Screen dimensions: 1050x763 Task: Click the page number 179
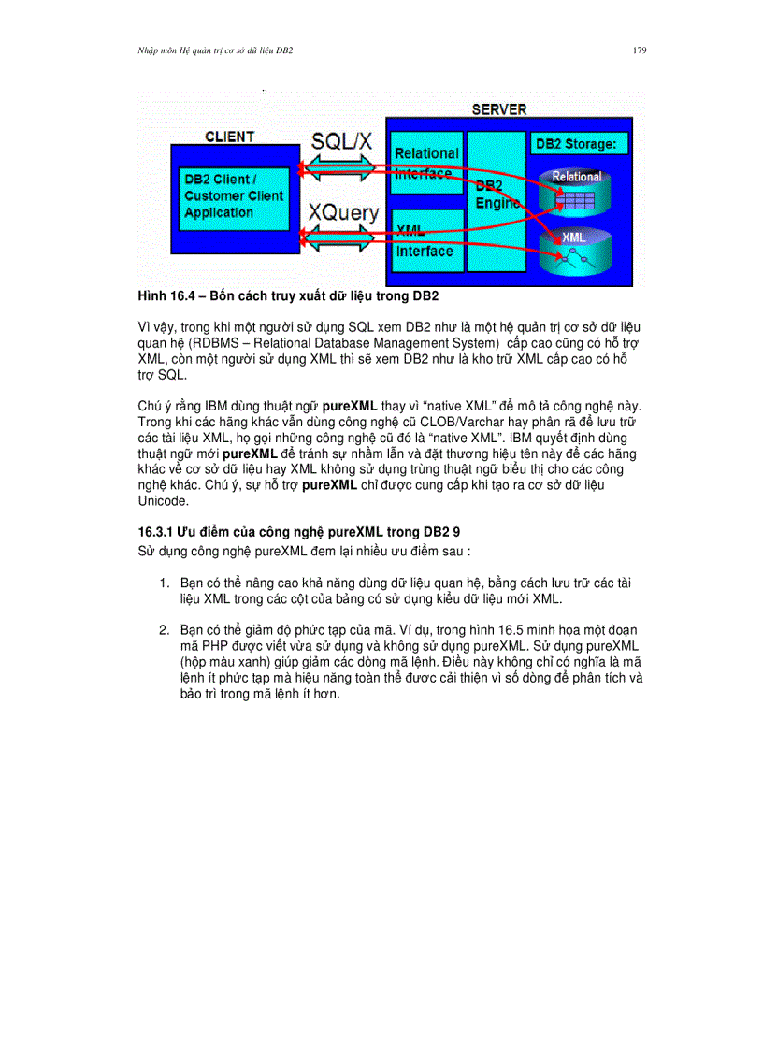pyautogui.click(x=640, y=50)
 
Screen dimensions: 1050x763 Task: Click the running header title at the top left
pyautogui.click(x=215, y=50)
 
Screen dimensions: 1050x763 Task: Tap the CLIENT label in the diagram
pyautogui.click(x=229, y=137)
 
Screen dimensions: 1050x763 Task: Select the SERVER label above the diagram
pyautogui.click(x=498, y=109)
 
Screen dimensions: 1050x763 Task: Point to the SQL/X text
pyautogui.click(x=341, y=141)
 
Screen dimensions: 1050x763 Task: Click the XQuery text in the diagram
pyautogui.click(x=344, y=213)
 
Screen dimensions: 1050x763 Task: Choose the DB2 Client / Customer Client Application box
pyautogui.click(x=233, y=196)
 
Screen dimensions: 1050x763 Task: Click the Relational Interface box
pyautogui.click(x=426, y=162)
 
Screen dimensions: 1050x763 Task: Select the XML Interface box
pyautogui.click(x=426, y=240)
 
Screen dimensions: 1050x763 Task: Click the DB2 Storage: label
pyautogui.click(x=578, y=145)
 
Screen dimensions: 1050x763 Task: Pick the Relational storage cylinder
pyautogui.click(x=576, y=192)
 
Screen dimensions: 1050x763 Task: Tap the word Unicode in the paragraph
pyautogui.click(x=163, y=500)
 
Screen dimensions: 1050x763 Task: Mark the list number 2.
pyautogui.click(x=164, y=630)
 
